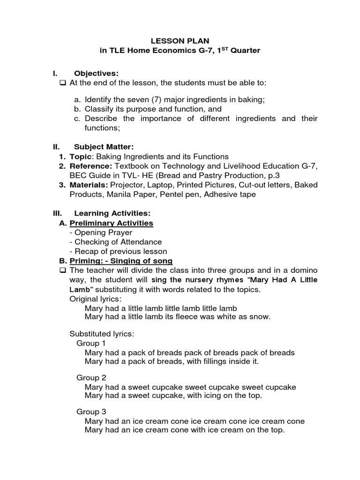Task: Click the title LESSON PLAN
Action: tap(180, 41)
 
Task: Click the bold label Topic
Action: tap(80, 157)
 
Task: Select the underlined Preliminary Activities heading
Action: tap(112, 223)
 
